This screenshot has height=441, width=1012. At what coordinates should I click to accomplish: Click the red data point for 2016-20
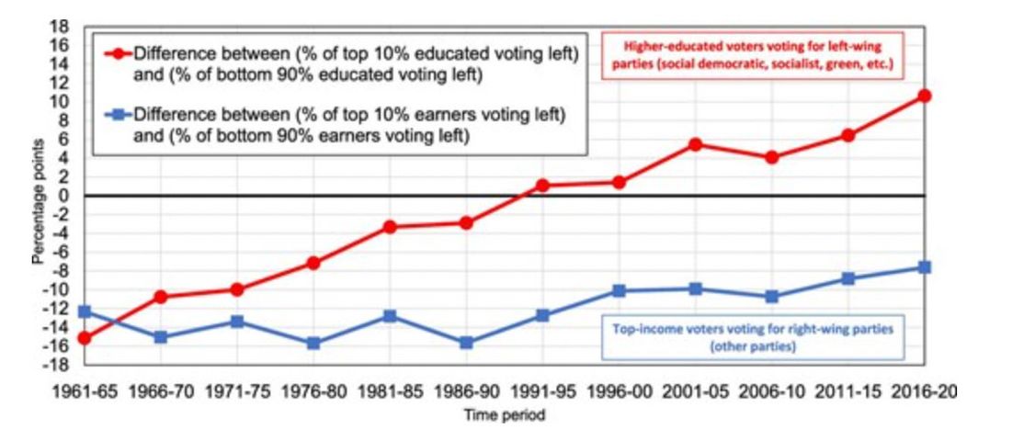[924, 96]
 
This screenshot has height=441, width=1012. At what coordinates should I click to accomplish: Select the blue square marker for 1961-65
[85, 312]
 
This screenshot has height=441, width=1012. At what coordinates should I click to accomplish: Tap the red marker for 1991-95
[542, 186]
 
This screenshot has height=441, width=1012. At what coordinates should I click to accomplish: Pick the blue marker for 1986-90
[466, 343]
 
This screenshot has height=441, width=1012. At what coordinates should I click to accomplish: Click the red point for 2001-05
[695, 144]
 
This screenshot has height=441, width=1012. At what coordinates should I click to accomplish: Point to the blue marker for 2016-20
[924, 267]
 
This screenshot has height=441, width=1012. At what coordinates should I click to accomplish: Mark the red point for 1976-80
[313, 263]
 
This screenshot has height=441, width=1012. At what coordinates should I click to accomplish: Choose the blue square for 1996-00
[619, 291]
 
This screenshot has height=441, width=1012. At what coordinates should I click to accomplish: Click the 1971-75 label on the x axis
[237, 390]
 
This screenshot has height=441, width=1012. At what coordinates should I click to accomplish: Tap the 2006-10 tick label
[771, 390]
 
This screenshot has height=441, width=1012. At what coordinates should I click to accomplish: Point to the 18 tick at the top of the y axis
[61, 26]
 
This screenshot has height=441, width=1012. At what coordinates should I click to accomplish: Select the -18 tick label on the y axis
[58, 365]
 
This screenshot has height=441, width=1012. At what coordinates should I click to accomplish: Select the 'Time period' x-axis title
[503, 416]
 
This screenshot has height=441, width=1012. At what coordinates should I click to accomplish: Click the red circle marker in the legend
[116, 53]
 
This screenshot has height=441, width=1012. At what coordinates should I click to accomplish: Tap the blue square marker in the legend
[116, 115]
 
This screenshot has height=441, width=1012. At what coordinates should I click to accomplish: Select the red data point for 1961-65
[85, 338]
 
